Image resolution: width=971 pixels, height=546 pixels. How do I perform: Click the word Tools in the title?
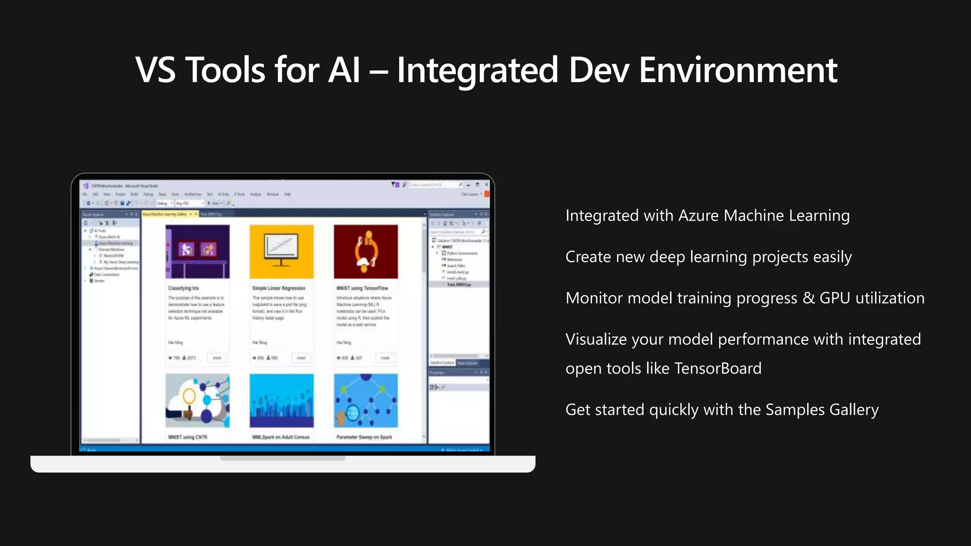point(225,70)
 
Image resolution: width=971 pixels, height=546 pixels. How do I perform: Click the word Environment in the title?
point(738,70)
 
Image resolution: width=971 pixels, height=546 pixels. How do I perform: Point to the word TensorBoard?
point(718,368)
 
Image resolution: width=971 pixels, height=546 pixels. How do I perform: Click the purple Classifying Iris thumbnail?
point(197,251)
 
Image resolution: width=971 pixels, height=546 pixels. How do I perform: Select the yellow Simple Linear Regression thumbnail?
point(281,251)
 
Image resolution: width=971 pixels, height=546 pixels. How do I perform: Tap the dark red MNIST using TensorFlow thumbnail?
point(366,251)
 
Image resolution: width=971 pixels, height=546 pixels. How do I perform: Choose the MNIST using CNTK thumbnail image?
point(197,400)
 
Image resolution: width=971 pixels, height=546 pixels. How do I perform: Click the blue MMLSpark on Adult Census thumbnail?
point(281,400)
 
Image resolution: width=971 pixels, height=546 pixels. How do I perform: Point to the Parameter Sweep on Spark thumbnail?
point(366,400)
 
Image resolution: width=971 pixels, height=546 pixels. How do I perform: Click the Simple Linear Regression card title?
point(279,288)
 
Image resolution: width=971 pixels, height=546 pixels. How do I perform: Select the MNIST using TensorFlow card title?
point(362,288)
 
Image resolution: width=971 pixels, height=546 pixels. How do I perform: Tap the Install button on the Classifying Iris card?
point(217,358)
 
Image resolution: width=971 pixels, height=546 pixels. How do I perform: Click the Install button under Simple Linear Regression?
point(301,358)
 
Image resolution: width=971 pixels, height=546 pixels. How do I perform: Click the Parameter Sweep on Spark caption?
point(364,437)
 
